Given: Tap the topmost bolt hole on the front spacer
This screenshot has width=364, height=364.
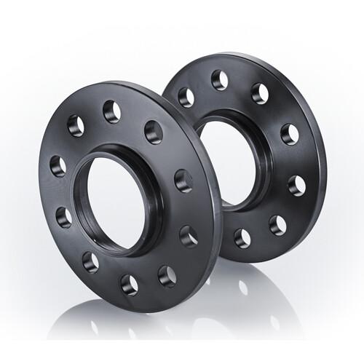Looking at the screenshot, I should pos(111,110).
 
